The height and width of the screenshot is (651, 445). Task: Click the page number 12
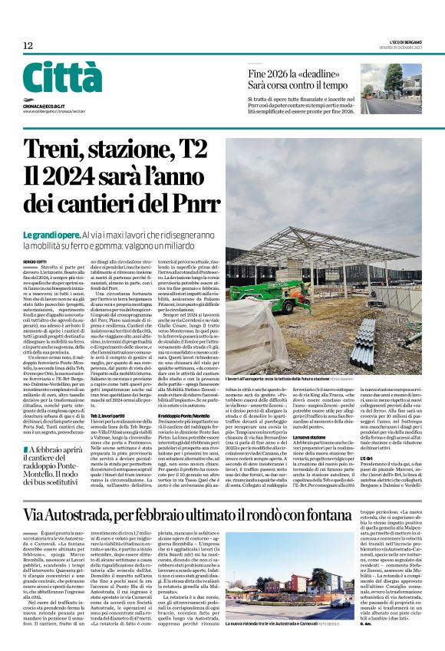[28, 46]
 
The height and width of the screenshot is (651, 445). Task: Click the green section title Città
[62, 78]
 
